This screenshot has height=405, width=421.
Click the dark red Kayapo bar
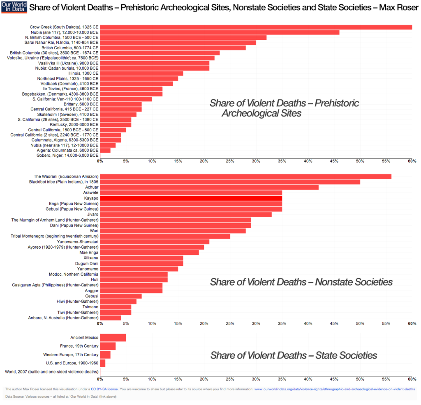click(191, 198)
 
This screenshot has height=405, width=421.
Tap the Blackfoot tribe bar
click(230, 182)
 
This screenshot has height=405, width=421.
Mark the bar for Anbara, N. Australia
click(110, 318)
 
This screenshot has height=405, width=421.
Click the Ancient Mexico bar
click(113, 338)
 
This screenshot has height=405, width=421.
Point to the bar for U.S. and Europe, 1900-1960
click(102, 363)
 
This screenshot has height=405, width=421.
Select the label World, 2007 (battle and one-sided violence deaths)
click(52, 372)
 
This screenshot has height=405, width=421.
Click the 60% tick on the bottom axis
click(412, 380)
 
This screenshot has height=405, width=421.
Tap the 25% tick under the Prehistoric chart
click(230, 161)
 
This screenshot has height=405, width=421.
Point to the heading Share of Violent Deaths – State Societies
click(294, 355)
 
